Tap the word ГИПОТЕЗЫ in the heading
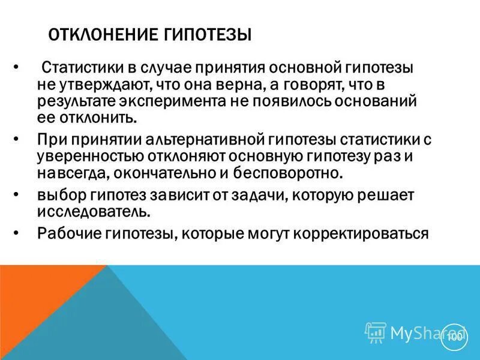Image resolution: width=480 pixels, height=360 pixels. pyautogui.click(x=206, y=33)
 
